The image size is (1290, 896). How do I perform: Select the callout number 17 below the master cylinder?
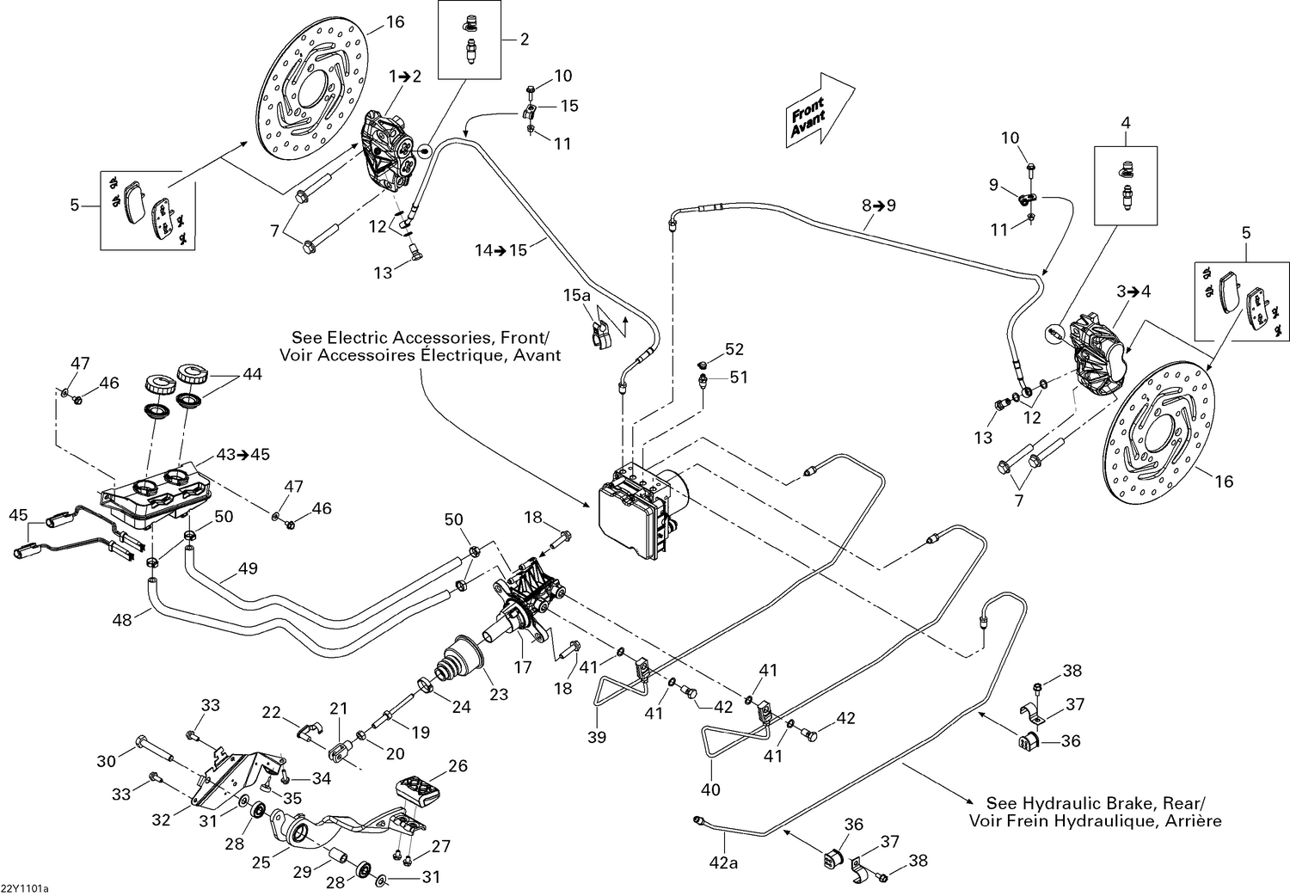coord(523,666)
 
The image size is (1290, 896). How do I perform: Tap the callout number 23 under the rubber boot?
coord(499,694)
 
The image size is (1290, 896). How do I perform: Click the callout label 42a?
coord(724,863)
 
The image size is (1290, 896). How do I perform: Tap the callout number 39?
coord(597,737)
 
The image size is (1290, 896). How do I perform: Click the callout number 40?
coord(711,789)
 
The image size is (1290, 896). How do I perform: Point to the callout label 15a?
coord(577,296)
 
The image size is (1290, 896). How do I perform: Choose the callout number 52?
coord(734,349)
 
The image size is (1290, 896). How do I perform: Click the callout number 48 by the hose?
coord(123,618)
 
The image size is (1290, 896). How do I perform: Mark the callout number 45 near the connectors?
coord(18,515)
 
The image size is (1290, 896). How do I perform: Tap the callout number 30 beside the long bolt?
coord(106,761)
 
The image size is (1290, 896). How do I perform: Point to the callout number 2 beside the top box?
coord(525,39)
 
